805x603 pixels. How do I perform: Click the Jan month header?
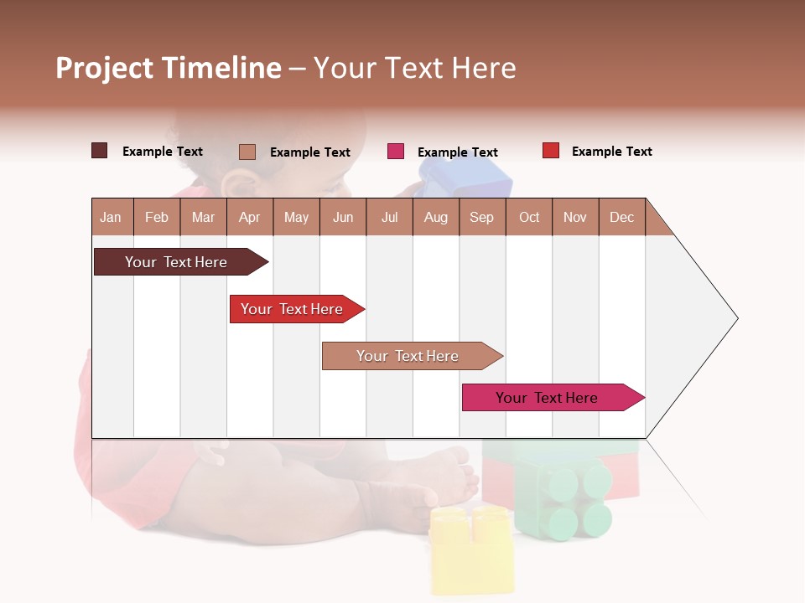[111, 217]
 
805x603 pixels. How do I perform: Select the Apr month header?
[249, 217]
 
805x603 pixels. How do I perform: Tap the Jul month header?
[389, 217]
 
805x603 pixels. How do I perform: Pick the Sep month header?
[481, 217]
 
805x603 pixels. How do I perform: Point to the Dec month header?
[621, 217]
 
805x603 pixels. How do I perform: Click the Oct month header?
[529, 217]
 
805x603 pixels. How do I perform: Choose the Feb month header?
[157, 217]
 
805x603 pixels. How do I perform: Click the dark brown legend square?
[99, 151]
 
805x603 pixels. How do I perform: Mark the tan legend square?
[247, 152]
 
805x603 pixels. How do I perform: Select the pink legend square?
[396, 152]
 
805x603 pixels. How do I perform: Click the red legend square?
[551, 151]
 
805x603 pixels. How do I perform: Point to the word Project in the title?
[104, 68]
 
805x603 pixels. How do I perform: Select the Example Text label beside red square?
[611, 152]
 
